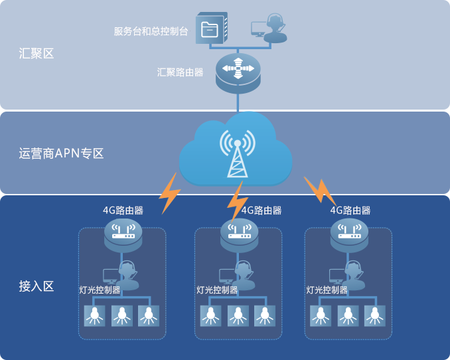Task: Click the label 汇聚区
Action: point(37,54)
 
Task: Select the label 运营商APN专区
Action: point(62,154)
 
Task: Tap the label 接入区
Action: point(37,286)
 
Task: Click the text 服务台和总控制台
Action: point(151,31)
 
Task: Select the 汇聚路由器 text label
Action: point(181,72)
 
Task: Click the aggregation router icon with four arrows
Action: point(238,70)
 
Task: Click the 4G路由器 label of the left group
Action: point(123,210)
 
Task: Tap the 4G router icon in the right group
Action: point(349,234)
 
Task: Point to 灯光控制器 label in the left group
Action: point(100,290)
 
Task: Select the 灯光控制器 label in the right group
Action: point(327,290)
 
